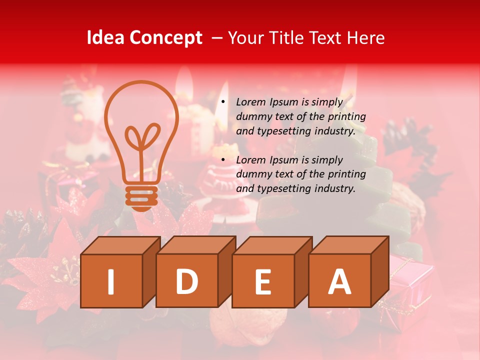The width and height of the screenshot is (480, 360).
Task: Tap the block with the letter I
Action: [111, 281]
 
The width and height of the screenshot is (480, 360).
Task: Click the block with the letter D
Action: [187, 281]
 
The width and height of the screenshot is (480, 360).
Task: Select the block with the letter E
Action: [263, 281]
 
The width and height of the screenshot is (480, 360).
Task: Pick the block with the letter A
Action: [339, 281]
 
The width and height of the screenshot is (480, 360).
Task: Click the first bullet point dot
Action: [222, 102]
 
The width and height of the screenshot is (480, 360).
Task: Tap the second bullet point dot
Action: [222, 160]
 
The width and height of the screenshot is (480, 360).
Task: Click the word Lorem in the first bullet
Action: [251, 102]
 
